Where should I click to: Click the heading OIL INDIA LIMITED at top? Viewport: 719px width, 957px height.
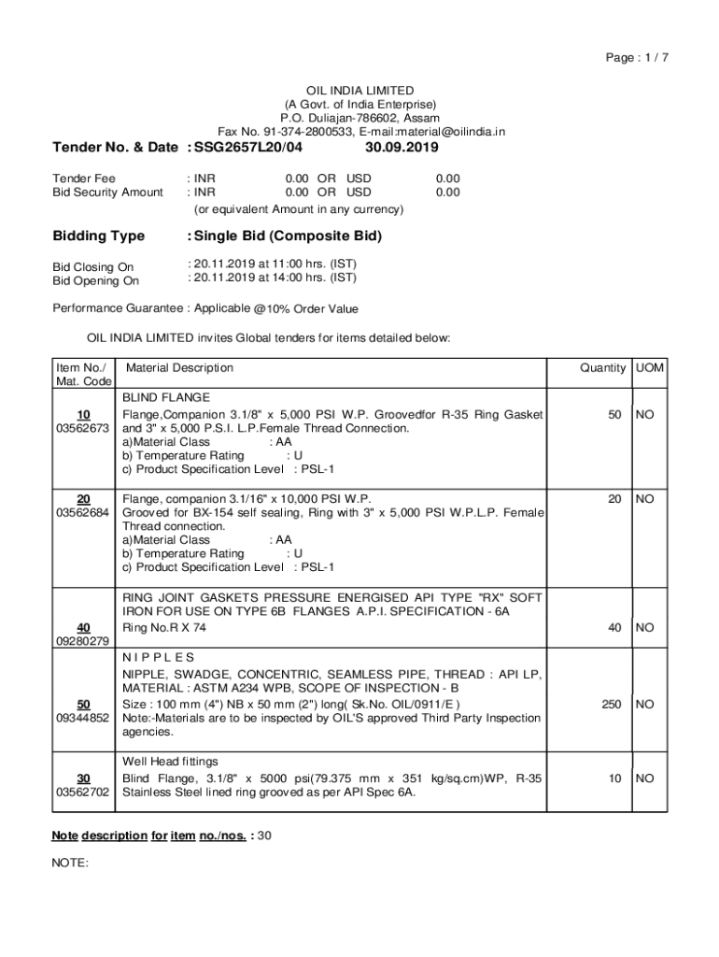(x=360, y=91)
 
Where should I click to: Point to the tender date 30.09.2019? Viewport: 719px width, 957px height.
(x=402, y=148)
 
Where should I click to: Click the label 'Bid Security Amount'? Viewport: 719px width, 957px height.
(x=107, y=193)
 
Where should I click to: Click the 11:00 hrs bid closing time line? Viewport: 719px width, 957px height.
(x=272, y=264)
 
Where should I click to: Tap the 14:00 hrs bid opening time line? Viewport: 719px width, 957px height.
(x=272, y=278)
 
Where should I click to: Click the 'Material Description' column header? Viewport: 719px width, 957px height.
(x=179, y=368)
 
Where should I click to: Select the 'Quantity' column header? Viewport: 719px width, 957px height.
(x=602, y=368)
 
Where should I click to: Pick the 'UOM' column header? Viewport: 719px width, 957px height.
(x=650, y=368)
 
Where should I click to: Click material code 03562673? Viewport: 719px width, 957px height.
(x=83, y=428)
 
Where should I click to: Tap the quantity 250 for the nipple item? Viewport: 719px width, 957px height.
(x=612, y=704)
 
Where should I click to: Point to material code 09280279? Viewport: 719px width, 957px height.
(x=83, y=641)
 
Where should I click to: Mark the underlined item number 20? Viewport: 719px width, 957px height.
(x=83, y=499)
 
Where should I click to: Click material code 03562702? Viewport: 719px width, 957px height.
(x=83, y=793)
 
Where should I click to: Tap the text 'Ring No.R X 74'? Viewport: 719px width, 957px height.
(x=164, y=628)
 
